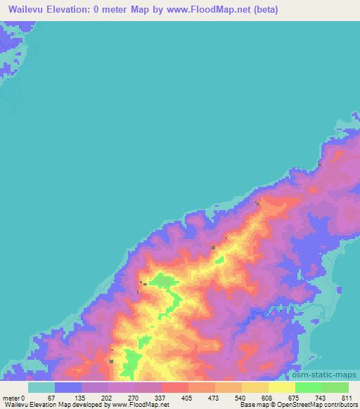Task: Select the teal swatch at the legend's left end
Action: pyautogui.click(x=41, y=387)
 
